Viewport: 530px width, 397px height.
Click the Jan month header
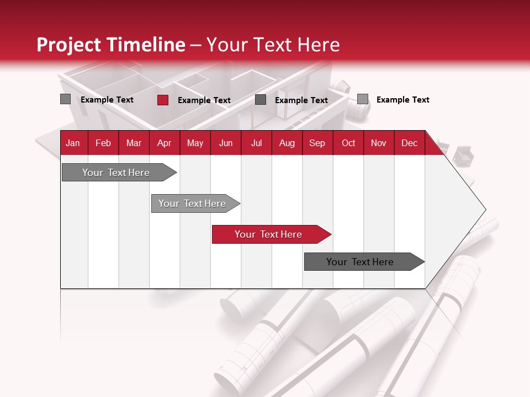[x=73, y=143]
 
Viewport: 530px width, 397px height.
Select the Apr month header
[x=164, y=143]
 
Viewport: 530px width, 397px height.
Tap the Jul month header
[x=256, y=143]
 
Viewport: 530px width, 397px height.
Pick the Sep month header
[x=317, y=143]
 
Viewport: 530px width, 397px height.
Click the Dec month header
[x=409, y=143]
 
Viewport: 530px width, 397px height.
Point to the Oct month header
[x=348, y=143]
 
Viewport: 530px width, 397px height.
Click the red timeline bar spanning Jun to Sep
[x=268, y=234]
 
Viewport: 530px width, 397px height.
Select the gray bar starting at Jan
[x=116, y=173]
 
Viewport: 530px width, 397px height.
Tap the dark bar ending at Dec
[x=360, y=262]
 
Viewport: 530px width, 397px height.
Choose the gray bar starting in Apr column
[x=192, y=203]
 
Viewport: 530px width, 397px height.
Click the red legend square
[x=162, y=100]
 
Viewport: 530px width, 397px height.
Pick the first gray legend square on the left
[x=65, y=99]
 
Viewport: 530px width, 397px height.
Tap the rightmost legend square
[x=362, y=99]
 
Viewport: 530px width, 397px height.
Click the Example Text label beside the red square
[x=204, y=100]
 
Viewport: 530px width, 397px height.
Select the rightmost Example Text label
[x=403, y=100]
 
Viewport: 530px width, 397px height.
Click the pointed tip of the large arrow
[x=484, y=209]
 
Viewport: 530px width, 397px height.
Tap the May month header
[x=195, y=143]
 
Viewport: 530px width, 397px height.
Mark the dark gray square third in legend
[x=261, y=100]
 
